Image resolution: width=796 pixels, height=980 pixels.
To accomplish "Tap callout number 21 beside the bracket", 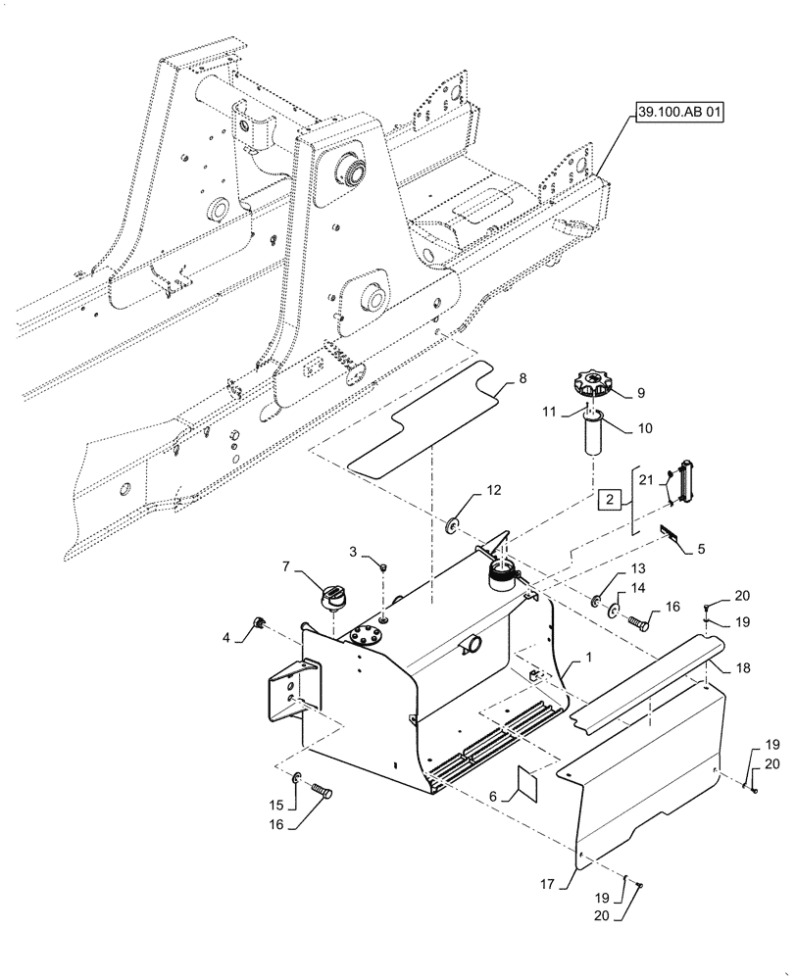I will (643, 481).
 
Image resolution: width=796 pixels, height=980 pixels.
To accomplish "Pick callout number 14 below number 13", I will (638, 590).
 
